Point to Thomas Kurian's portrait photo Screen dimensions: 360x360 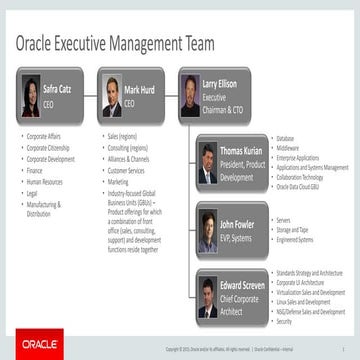pos(208,163)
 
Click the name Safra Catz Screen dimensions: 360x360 pos(58,88)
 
